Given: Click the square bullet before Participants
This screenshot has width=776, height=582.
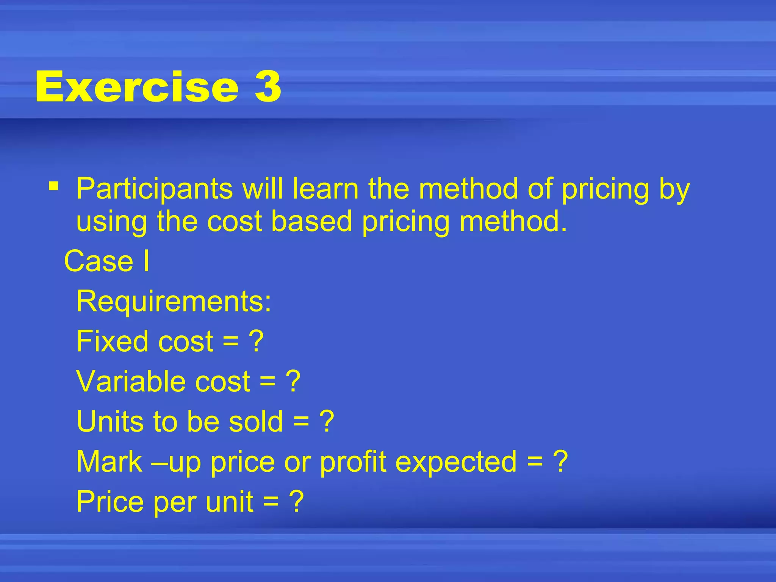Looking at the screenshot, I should tap(53, 186).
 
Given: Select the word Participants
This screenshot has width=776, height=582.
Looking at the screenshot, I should tap(154, 189).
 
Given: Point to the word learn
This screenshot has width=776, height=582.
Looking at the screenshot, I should tap(325, 188).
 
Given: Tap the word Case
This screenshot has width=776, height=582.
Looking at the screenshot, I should tap(99, 261).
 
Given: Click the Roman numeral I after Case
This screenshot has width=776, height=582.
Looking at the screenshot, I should tap(146, 261).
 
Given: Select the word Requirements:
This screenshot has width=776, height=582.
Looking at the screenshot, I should tap(174, 302).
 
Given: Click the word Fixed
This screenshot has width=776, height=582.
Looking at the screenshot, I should tap(112, 341).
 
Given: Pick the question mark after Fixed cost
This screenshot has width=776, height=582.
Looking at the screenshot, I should tap(256, 341).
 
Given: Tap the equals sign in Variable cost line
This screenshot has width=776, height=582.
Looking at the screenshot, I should tap(268, 382).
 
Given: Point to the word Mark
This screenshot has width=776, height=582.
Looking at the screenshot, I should tap(109, 462).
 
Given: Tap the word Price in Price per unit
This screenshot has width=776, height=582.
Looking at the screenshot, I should tap(110, 502).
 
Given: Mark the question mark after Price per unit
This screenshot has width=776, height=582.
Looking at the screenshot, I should tap(296, 502).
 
